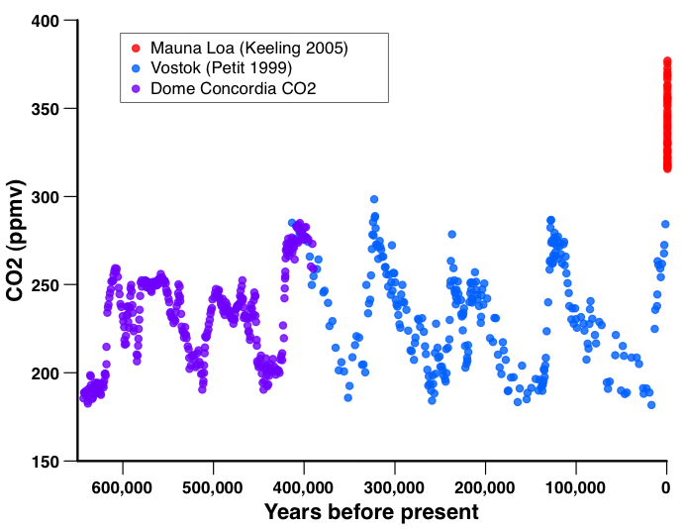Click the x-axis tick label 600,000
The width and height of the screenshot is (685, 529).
[x=123, y=487]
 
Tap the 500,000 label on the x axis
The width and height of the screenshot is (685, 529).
[x=214, y=487]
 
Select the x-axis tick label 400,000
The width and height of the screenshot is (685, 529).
[x=304, y=487]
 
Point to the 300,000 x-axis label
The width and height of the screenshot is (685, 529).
[x=395, y=487]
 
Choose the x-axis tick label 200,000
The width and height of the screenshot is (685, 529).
[x=485, y=487]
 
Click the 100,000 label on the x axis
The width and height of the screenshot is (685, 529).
[x=576, y=487]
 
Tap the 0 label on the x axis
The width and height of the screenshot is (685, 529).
[x=666, y=487]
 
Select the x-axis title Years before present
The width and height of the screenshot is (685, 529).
[x=371, y=512]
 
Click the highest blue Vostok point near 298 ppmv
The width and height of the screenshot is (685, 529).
[x=374, y=199]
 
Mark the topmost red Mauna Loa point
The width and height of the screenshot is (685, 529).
[x=667, y=61]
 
